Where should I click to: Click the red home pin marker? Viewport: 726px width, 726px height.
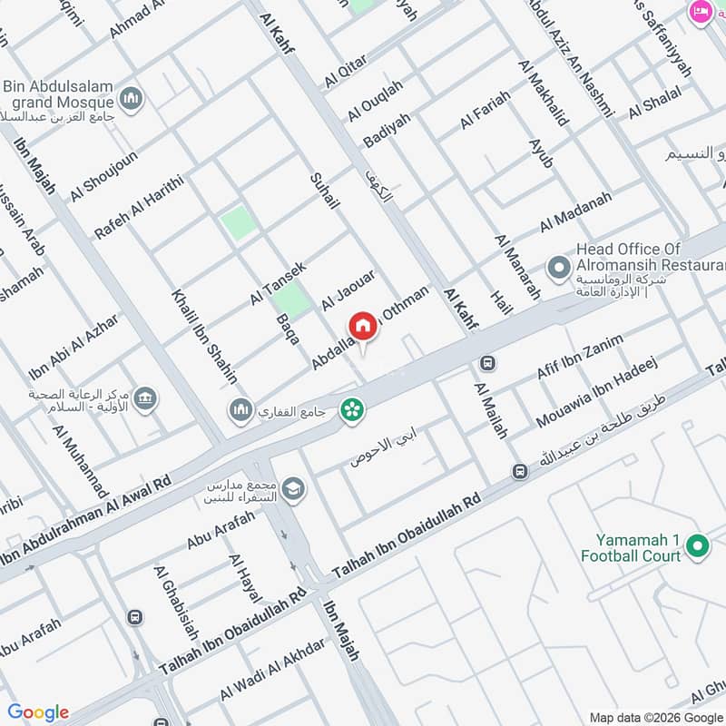point(362,326)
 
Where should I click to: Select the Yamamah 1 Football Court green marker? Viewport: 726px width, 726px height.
point(697,545)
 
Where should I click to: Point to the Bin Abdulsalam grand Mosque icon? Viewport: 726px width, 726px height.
point(132,97)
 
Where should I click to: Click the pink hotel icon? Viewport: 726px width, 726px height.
point(701,11)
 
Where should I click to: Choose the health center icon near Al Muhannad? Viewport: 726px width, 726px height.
point(144,397)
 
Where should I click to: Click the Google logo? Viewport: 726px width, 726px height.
point(38,712)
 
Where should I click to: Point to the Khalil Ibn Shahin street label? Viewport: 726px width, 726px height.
point(204,337)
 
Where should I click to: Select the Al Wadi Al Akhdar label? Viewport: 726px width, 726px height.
point(271,671)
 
